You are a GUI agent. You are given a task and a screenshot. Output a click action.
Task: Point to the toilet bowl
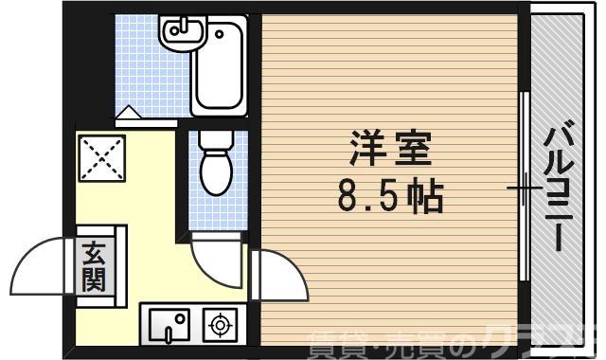point(216,171)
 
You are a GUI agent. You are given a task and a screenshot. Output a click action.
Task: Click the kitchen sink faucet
point(169,333)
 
